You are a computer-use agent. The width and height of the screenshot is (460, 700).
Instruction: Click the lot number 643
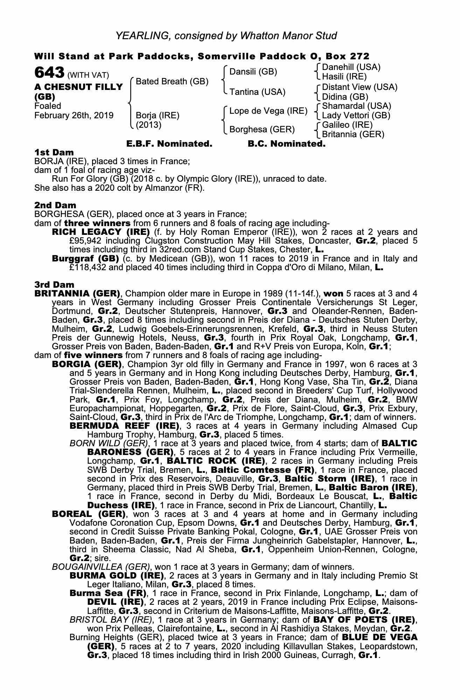point(49,73)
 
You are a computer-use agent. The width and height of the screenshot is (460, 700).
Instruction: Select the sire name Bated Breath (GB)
point(172,82)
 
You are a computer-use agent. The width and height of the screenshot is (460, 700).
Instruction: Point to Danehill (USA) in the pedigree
point(351,67)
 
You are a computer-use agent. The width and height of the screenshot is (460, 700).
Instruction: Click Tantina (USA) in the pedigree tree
point(257,92)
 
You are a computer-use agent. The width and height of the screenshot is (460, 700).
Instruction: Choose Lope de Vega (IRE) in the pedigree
point(268,111)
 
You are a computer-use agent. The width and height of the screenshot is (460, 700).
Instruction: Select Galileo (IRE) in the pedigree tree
point(347,125)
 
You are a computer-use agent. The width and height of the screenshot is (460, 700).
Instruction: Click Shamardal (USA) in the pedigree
point(356,106)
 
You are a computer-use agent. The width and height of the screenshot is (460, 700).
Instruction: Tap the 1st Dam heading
point(54,152)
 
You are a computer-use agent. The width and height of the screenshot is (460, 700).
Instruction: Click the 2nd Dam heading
point(55,205)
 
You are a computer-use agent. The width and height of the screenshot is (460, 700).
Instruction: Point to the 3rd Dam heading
point(55,284)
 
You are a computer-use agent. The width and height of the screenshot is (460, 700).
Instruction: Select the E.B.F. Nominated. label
point(169,144)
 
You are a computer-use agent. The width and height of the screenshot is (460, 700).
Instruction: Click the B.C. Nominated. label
point(286,144)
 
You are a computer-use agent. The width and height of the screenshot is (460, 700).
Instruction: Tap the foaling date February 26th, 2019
point(74,115)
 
